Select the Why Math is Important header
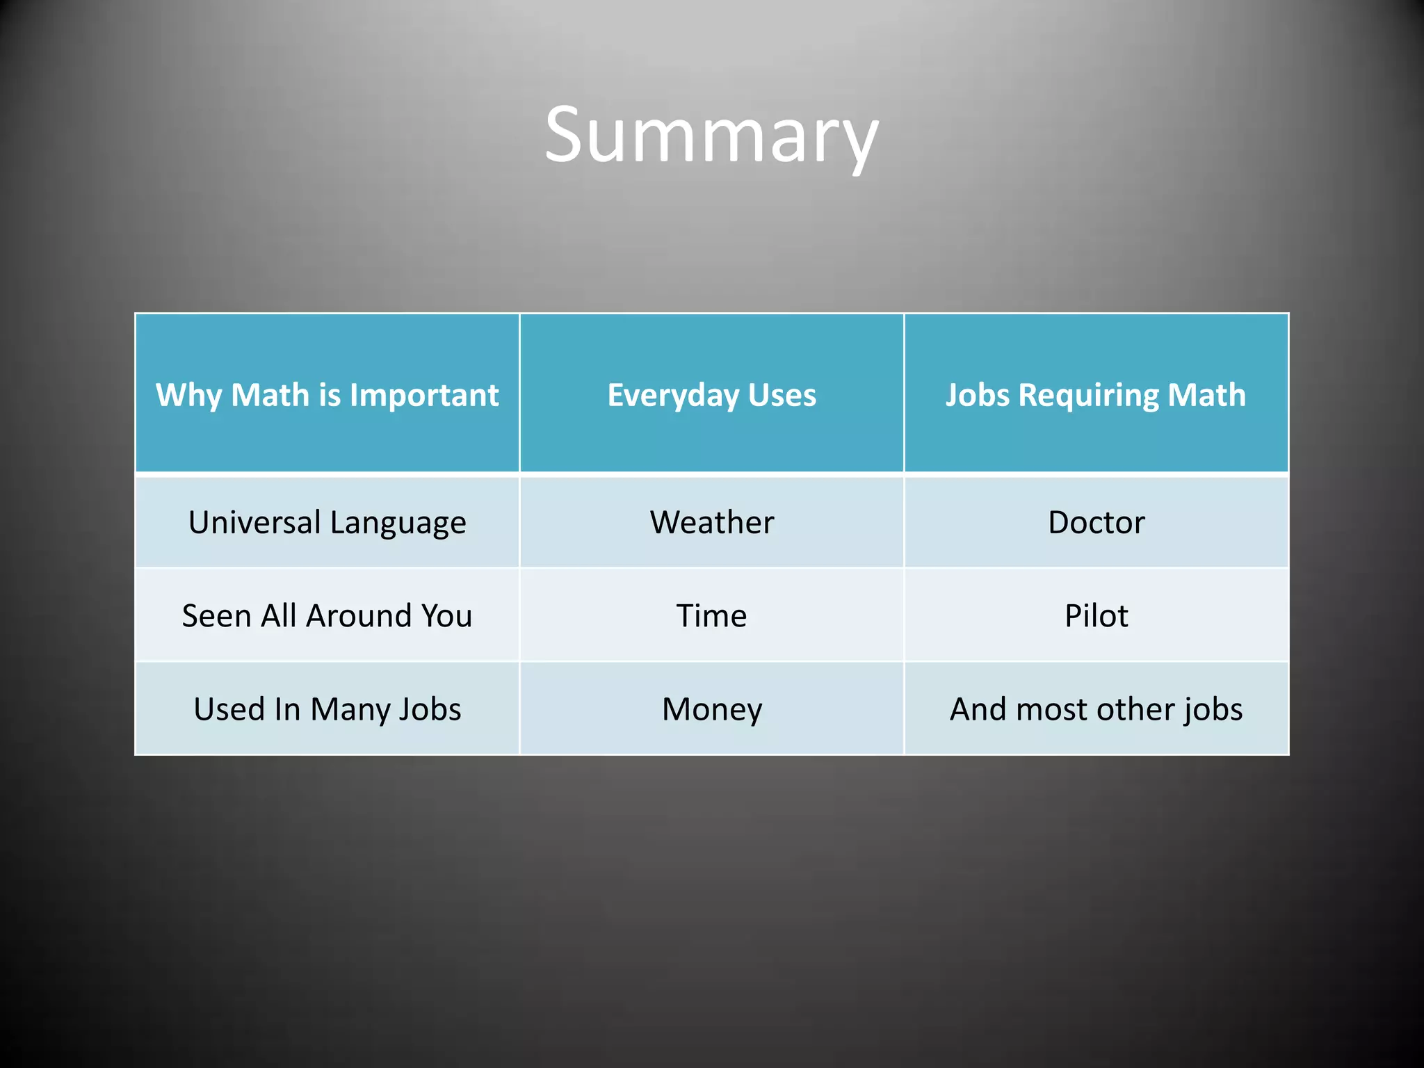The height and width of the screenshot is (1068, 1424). [x=327, y=395]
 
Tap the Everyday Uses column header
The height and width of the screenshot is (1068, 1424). [x=711, y=395]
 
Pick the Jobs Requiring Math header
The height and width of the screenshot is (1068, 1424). [x=1096, y=395]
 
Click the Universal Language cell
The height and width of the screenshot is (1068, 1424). [x=327, y=522]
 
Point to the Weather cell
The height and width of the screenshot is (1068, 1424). [x=711, y=522]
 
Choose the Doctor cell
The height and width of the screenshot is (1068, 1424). [x=1096, y=522]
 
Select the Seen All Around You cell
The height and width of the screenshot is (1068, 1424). [x=327, y=615]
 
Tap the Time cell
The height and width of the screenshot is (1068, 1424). [x=711, y=615]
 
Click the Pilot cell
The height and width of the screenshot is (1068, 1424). [x=1096, y=615]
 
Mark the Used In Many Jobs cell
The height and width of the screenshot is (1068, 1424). [x=327, y=709]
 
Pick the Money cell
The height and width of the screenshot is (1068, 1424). [x=711, y=709]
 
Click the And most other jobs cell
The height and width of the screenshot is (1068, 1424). [x=1096, y=709]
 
